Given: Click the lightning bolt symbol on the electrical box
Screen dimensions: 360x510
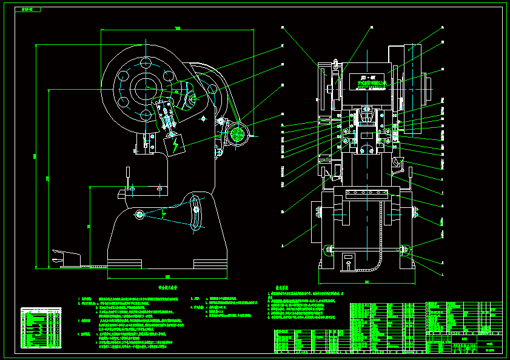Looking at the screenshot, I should click(x=176, y=146).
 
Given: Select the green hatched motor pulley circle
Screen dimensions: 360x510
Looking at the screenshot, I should click(x=237, y=133).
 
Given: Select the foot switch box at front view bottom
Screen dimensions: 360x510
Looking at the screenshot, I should click(x=348, y=262).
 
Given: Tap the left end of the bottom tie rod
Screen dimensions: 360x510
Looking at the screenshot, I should click(x=328, y=248).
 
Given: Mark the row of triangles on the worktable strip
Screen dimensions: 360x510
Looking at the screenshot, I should click(x=366, y=193).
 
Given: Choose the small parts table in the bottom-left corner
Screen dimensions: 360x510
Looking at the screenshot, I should click(x=41, y=328).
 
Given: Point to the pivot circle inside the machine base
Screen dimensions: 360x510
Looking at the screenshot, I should click(x=139, y=214).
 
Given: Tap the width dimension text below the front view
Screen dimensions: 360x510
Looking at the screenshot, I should click(x=366, y=282).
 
